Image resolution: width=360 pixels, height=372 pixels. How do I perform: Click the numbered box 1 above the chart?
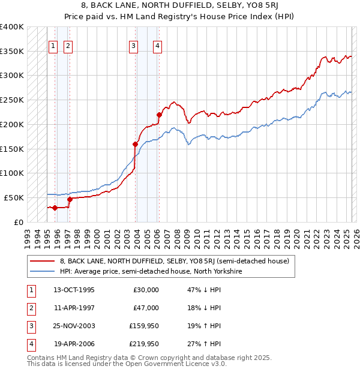click(x=53, y=46)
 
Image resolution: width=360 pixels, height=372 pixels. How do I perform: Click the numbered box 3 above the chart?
click(x=132, y=46)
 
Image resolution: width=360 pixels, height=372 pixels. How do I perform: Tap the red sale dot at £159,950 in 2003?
click(x=136, y=144)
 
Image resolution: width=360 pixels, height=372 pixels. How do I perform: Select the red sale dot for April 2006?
click(x=159, y=115)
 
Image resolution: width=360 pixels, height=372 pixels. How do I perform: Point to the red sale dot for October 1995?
click(x=55, y=208)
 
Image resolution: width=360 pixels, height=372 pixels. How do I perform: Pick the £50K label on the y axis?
click(x=14, y=197)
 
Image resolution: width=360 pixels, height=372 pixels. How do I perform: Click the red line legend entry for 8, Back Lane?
click(x=174, y=261)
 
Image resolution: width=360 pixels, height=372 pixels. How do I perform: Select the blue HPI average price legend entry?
click(x=150, y=271)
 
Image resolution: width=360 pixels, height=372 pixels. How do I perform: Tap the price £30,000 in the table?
click(x=146, y=290)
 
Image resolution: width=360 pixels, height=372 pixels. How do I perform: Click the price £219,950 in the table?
click(x=144, y=344)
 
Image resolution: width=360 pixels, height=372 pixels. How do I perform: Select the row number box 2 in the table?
click(x=29, y=308)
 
